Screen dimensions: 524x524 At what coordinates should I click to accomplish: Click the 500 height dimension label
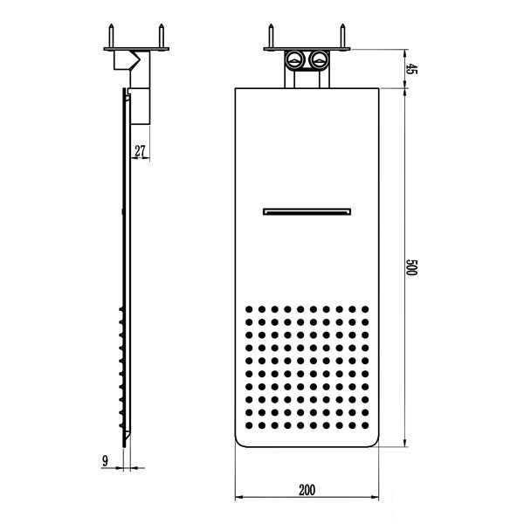[411, 267]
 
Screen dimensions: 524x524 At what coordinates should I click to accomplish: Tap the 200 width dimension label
[307, 490]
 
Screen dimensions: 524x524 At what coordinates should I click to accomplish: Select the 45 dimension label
[411, 69]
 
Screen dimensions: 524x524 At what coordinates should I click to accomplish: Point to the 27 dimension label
[141, 151]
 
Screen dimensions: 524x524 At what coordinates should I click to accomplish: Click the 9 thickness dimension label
[106, 461]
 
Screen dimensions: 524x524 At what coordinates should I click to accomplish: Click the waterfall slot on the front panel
[307, 211]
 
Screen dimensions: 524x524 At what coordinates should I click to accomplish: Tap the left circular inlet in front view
[294, 59]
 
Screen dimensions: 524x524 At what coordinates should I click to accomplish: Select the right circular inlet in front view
[320, 59]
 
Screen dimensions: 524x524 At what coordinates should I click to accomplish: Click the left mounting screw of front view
[271, 36]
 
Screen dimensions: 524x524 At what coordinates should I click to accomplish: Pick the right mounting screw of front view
[342, 36]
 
